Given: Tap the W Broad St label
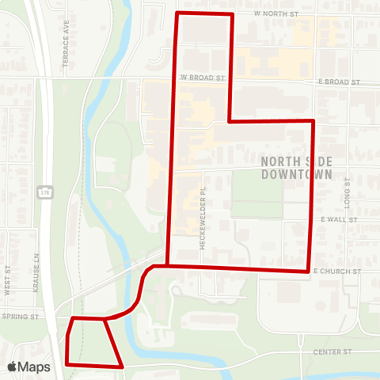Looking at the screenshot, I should coord(203,78).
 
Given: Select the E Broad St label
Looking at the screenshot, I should coord(340,82).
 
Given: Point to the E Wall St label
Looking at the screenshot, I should coord(340,218).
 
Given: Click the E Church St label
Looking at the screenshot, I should coord(337,271).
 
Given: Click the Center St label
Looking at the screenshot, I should coord(331,351).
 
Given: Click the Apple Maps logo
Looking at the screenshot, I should coord(28,367).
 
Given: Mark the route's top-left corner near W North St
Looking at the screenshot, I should coord(176,13).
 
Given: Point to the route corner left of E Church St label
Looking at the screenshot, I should coord(308,272).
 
